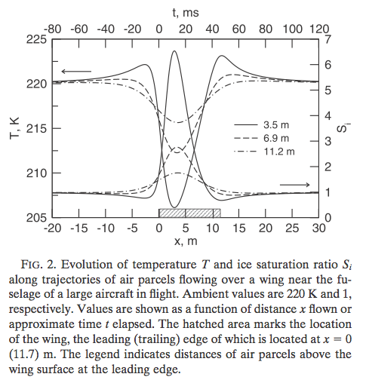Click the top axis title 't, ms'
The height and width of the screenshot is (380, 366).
186,13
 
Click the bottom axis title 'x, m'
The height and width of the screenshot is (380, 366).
186,241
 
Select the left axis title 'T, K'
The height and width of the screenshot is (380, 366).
14,128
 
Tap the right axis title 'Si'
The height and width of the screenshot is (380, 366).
343,128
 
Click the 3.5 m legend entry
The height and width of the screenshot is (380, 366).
262,125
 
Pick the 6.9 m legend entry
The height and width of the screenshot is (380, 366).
262,138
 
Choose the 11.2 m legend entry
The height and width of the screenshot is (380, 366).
264,152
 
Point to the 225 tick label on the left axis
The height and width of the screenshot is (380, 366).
37,39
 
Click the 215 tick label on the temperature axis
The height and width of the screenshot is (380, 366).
37,129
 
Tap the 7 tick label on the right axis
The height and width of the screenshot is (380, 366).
328,39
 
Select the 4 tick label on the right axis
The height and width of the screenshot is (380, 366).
328,116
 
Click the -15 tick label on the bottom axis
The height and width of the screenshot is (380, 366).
79,228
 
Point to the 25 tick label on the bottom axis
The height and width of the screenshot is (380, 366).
292,228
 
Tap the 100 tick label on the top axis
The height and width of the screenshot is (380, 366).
293,29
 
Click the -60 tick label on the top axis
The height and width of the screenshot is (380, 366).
79,29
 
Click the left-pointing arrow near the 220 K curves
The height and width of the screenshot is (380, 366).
76,72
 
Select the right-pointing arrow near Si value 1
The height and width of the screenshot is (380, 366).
295,185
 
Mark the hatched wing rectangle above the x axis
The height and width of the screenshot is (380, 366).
189,213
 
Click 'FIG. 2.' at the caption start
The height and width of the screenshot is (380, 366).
39,265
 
